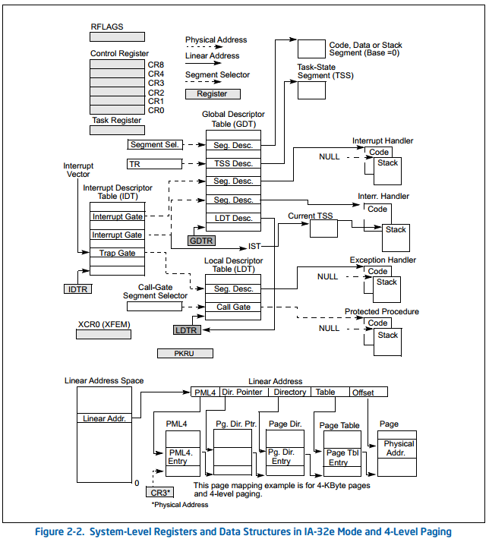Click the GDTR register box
pos(201,241)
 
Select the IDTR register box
pos(77,289)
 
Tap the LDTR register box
pos(186,330)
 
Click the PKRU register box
pos(185,353)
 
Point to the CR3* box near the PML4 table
pos(160,492)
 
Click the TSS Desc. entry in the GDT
pos(233,163)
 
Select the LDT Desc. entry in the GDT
pos(233,218)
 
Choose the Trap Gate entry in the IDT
pos(117,253)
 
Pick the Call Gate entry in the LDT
pos(233,307)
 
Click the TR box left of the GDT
pos(154,164)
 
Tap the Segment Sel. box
pos(155,144)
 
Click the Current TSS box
pos(323,229)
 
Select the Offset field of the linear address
pos(368,392)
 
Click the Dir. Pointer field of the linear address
pos(244,392)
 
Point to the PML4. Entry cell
pos(182,456)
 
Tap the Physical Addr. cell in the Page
pos(397,448)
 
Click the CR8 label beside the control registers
pos(156,65)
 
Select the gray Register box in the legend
pos(213,94)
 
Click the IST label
pos(254,246)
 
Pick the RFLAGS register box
pos(117,36)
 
